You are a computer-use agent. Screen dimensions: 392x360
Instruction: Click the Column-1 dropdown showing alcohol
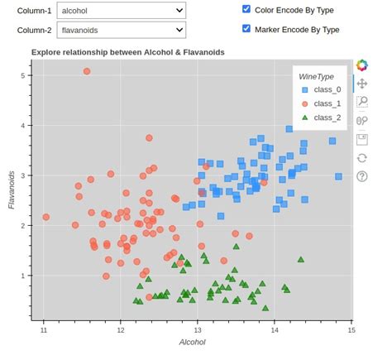[122, 11]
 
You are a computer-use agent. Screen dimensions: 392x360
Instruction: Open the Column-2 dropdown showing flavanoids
[122, 30]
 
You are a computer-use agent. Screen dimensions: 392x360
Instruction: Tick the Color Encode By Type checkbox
[246, 9]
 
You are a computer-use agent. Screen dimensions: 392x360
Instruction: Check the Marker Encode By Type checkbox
[246, 28]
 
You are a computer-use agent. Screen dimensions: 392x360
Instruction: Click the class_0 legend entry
[321, 89]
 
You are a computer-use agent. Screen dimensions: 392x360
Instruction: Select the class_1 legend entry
[321, 103]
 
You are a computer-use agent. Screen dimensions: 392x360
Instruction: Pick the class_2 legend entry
[321, 118]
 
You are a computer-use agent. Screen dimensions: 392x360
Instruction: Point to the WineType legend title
[316, 76]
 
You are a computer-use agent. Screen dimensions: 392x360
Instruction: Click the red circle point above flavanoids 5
[87, 71]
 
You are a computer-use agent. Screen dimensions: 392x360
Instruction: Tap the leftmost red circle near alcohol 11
[46, 217]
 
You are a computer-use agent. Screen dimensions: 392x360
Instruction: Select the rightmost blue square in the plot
[338, 176]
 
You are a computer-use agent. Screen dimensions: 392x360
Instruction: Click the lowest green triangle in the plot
[265, 308]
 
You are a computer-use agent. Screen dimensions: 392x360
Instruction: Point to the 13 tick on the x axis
[198, 330]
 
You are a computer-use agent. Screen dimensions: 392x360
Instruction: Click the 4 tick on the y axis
[23, 126]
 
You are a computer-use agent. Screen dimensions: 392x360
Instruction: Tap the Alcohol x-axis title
[193, 343]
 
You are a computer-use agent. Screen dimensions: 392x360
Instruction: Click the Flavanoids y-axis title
[12, 190]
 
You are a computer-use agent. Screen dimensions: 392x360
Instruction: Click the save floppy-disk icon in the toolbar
[362, 140]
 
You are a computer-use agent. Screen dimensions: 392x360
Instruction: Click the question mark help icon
[362, 176]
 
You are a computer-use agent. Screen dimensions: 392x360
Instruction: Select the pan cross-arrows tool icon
[362, 84]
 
